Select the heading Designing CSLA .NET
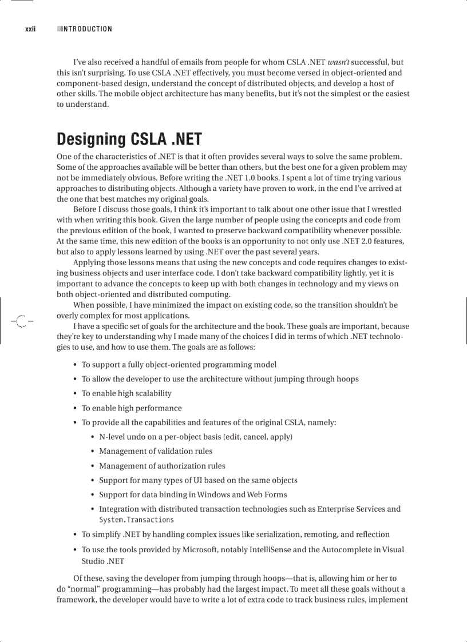point(129,139)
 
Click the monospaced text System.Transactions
point(136,520)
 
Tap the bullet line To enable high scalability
point(126,393)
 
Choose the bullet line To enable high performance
point(131,408)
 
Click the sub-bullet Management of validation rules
point(155,451)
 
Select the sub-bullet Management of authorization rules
point(162,466)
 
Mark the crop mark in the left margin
point(21,322)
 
